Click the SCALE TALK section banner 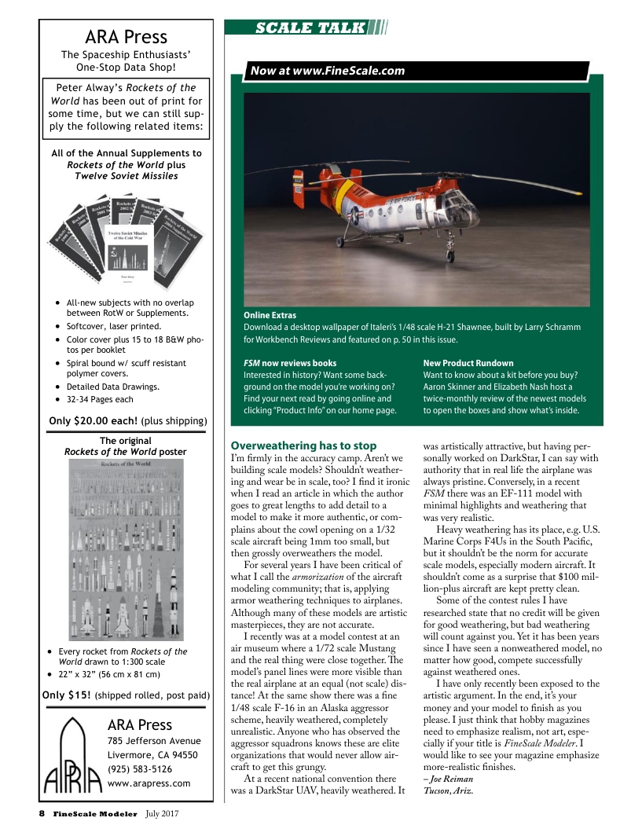[x=310, y=29]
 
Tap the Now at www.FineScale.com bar [x=327, y=71]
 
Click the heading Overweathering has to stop [x=303, y=445]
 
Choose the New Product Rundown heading [x=468, y=363]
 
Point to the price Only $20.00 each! [x=94, y=421]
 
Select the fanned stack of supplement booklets [x=126, y=244]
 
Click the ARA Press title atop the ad [x=126, y=37]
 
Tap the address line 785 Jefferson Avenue [x=153, y=741]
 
